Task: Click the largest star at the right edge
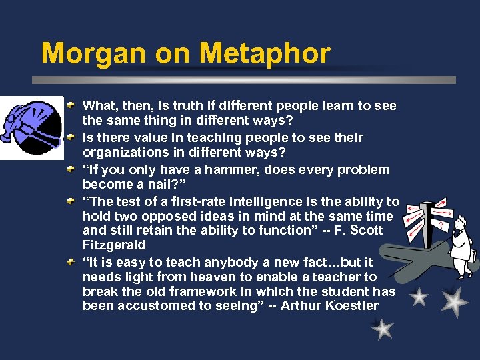coord(455,301)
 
